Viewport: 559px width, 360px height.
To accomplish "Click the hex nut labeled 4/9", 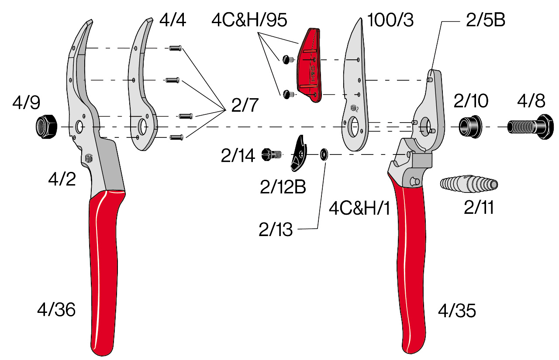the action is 46,127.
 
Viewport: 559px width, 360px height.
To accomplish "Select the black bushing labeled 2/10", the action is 470,127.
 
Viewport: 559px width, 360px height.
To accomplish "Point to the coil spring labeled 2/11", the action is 469,184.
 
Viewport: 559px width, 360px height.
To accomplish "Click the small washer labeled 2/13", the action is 324,154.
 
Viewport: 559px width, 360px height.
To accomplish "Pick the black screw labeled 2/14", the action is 272,154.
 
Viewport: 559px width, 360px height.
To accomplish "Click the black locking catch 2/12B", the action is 299,153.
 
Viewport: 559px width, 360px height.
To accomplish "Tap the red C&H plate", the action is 309,65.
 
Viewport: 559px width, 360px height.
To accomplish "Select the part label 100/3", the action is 390,20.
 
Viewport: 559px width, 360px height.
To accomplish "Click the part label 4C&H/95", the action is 249,20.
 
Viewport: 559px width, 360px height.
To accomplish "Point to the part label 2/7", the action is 245,105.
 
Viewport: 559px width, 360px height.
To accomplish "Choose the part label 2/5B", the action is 485,20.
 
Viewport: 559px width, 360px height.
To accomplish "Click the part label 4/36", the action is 56,310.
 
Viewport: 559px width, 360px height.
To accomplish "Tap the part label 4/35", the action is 457,311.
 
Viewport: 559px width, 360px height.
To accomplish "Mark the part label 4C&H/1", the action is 359,209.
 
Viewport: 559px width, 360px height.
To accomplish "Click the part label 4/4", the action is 173,20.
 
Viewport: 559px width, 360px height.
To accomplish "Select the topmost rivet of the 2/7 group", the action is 176,48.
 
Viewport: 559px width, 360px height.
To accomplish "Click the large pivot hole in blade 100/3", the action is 352,127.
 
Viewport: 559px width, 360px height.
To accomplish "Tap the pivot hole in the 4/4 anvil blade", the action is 142,127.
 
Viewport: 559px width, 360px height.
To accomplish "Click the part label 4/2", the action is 62,179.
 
